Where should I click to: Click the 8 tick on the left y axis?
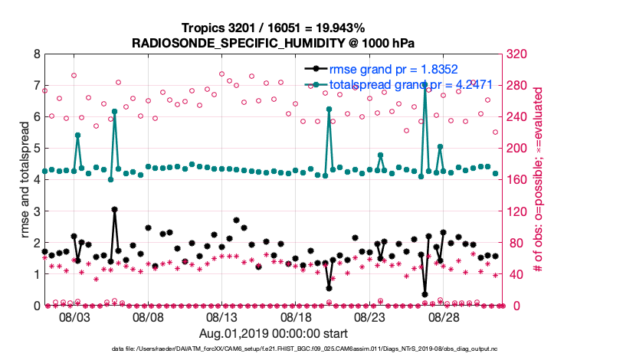pyautogui.click(x=36, y=54)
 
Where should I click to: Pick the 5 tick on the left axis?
pyautogui.click(x=36, y=149)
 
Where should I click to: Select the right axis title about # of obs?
pyautogui.click(x=538, y=180)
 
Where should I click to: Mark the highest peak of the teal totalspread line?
pyautogui.click(x=425, y=86)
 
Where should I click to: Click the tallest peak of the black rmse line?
pyautogui.click(x=114, y=209)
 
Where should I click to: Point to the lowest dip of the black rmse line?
pyautogui.click(x=425, y=294)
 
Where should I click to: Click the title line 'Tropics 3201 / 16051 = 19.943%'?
pyautogui.click(x=274, y=28)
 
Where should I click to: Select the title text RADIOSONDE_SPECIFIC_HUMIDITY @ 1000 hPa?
pyautogui.click(x=274, y=42)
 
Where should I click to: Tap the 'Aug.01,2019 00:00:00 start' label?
pyautogui.click(x=274, y=333)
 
